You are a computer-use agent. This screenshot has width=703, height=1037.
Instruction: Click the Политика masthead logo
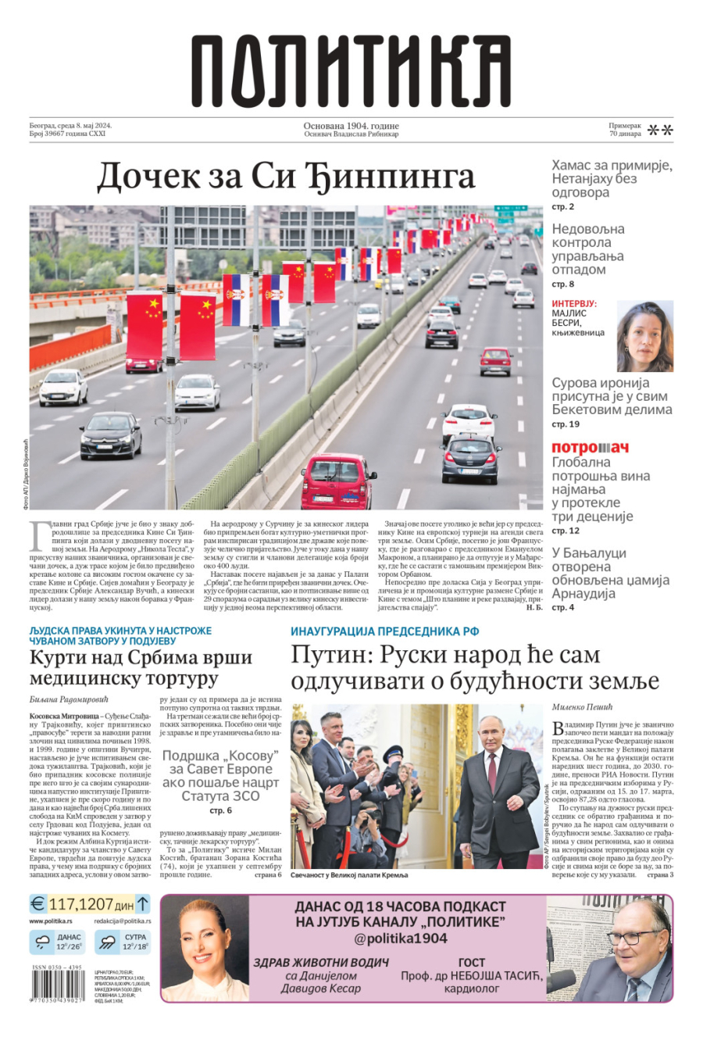click(x=351, y=72)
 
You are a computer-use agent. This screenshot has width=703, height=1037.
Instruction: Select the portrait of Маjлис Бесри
click(x=644, y=337)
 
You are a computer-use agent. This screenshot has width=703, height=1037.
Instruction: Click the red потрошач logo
click(x=590, y=448)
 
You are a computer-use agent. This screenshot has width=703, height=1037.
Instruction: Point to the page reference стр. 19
click(x=566, y=424)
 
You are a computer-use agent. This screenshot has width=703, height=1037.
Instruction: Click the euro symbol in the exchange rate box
click(x=37, y=904)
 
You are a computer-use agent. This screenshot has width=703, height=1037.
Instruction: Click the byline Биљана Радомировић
click(x=69, y=699)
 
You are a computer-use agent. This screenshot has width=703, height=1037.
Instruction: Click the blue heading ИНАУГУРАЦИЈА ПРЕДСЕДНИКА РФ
click(x=384, y=631)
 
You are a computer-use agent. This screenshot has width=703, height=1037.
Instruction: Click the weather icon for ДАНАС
click(x=41, y=942)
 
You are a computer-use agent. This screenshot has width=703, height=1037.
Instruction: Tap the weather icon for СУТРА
click(x=108, y=942)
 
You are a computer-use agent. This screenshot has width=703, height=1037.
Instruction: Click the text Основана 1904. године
click(x=351, y=126)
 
